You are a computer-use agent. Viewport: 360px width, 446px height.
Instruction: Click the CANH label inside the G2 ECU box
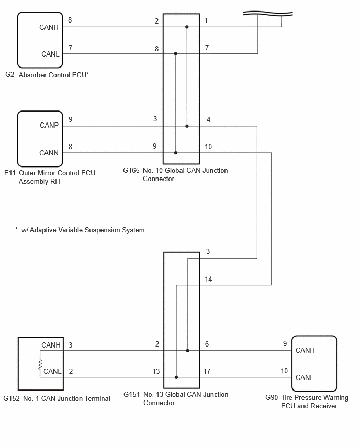49,27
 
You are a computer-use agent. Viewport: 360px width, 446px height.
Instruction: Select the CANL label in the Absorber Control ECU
50,54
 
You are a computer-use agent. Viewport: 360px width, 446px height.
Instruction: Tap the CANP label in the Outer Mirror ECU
49,125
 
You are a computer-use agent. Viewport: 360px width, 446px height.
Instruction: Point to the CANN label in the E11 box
49,153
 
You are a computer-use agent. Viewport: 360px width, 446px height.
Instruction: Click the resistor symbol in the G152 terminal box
40,364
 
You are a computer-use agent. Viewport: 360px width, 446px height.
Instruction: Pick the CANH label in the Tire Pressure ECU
305,350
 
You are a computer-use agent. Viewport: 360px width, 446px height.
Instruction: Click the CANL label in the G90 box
305,377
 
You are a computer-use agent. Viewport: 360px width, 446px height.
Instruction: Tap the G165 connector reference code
131,170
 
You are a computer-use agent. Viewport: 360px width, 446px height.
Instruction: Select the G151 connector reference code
132,395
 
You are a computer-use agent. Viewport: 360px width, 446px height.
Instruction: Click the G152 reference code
12,398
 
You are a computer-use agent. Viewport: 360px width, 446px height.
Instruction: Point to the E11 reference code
9,173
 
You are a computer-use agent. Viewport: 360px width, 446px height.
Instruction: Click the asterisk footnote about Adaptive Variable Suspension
80,230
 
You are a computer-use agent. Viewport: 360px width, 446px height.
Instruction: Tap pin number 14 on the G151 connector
208,280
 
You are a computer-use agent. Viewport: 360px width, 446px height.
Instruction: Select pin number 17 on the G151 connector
207,371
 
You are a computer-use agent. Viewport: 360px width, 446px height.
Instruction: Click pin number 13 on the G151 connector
156,371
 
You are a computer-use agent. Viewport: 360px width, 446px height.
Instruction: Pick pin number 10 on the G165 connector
208,147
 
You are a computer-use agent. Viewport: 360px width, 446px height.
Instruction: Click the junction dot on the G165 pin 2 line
187,27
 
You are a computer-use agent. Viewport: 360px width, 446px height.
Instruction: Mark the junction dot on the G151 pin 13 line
176,377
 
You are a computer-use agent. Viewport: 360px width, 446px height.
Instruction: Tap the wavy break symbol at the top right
268,14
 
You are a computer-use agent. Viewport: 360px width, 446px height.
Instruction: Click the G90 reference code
272,397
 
